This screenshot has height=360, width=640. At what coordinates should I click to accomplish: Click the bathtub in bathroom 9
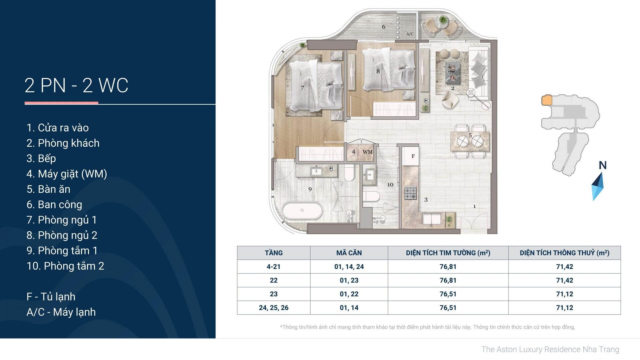point(302,210)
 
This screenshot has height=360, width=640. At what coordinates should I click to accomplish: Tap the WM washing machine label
point(367,152)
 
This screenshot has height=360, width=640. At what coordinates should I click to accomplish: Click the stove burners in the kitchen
point(411,194)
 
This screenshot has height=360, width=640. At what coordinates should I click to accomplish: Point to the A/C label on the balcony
point(410,34)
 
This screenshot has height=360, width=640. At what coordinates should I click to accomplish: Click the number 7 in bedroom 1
point(302,88)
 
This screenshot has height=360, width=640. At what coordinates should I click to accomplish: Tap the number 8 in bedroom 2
point(378,71)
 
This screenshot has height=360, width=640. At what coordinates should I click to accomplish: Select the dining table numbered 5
point(470,142)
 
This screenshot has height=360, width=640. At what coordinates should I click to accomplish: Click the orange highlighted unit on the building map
point(547,100)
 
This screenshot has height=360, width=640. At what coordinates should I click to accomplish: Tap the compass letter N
point(602,165)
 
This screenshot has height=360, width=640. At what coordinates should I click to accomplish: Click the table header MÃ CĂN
point(349,253)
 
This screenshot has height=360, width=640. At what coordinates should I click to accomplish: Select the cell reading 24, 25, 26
point(274,308)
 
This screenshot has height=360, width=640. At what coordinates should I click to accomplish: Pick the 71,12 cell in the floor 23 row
point(564,294)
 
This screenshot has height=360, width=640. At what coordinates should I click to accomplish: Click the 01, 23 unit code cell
point(349,280)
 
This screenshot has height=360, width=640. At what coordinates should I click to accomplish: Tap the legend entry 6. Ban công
point(54,204)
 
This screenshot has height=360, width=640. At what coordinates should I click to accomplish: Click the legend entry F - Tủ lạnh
point(51,297)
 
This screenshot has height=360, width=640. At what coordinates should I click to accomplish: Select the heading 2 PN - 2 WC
point(76,85)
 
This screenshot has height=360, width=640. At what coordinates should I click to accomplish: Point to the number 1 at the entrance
point(475,206)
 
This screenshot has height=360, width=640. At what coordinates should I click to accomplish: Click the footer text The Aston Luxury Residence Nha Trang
point(550,349)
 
